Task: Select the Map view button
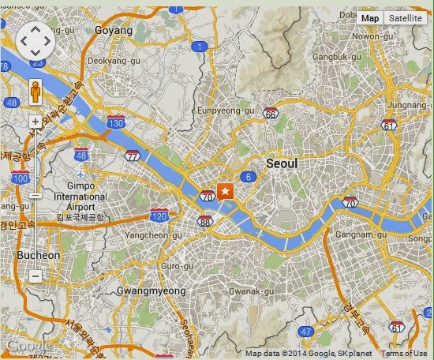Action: tap(370, 18)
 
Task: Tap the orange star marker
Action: tap(226, 191)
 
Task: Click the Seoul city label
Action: tap(282, 163)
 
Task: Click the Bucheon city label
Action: tap(37, 255)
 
